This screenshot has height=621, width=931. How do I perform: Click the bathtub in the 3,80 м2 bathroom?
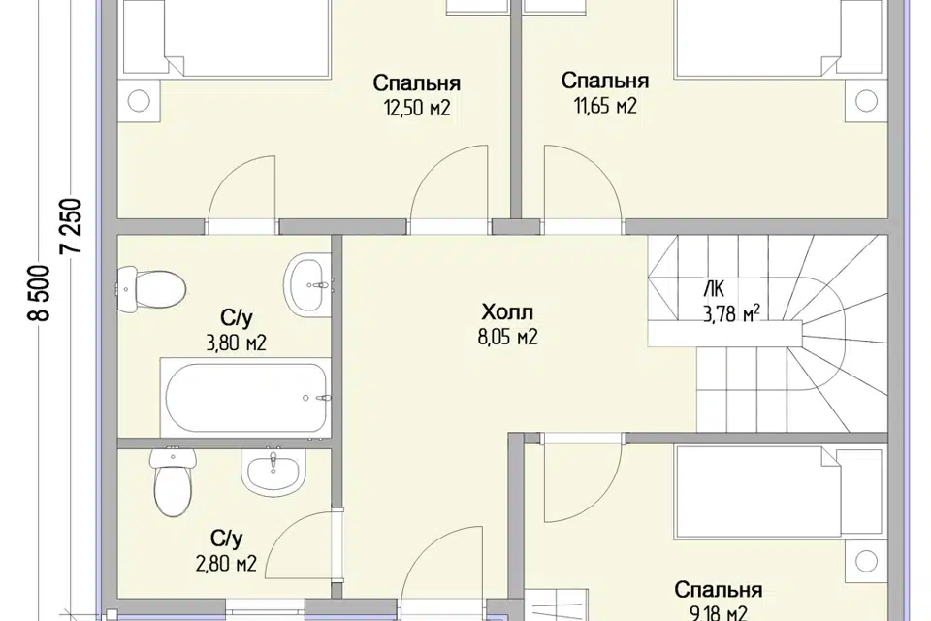click(245, 398)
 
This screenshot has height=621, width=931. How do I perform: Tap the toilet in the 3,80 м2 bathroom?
click(151, 290)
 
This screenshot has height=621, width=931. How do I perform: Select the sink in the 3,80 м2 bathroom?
click(307, 285)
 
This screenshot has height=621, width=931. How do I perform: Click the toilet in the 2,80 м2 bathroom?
click(173, 480)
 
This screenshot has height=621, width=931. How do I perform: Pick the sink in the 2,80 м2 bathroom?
click(273, 474)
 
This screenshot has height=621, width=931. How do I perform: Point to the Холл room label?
click(507, 312)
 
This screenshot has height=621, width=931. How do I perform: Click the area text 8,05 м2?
click(507, 337)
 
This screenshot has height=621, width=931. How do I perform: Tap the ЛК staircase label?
click(714, 289)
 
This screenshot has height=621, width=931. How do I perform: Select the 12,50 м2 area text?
click(417, 108)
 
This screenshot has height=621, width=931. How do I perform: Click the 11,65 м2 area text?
click(605, 106)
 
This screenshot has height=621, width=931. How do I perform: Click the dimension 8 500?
click(40, 293)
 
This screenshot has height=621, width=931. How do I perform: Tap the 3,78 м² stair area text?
click(732, 313)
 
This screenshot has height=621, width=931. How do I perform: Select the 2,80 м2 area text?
click(226, 563)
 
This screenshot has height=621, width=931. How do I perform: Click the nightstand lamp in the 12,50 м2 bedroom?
click(139, 100)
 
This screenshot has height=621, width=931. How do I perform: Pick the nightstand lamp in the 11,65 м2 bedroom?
click(866, 101)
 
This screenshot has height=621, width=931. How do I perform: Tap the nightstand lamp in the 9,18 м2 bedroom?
click(866, 561)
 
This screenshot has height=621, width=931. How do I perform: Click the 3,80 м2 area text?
click(236, 343)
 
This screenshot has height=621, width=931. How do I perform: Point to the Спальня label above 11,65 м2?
click(605, 81)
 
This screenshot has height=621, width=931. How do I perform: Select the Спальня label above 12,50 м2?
click(417, 82)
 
